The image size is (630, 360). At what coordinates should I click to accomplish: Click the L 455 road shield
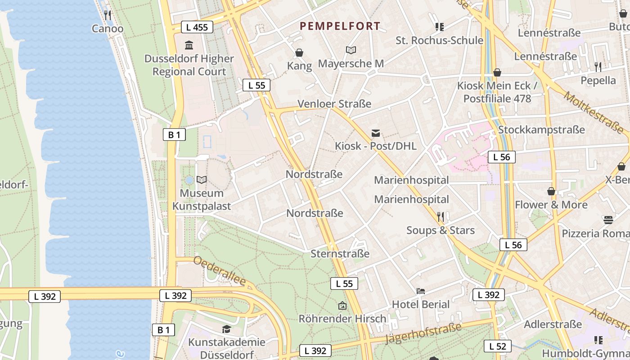[197, 27]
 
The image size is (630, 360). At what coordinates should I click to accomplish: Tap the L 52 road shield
[497, 346]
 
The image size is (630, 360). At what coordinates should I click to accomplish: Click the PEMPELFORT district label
[340, 26]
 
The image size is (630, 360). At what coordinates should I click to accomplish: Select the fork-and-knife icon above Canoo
[108, 15]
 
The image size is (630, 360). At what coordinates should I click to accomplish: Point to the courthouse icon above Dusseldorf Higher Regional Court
[189, 45]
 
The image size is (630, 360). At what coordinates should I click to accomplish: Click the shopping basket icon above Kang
[299, 53]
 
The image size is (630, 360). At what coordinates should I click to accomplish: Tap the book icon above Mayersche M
[351, 50]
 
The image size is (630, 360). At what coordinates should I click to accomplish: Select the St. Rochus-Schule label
[439, 40]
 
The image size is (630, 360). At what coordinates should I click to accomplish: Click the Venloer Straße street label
[334, 104]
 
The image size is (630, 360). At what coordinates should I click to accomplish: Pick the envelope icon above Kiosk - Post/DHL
[376, 133]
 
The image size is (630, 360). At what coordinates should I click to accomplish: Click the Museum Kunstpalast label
[202, 200]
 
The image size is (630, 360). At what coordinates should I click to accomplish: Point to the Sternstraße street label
[340, 254]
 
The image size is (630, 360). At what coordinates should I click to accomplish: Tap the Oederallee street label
[220, 271]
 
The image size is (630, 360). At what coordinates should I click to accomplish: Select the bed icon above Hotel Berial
[421, 291]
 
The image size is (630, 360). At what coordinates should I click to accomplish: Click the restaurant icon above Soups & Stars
[441, 217]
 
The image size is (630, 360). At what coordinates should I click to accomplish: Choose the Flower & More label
[551, 205]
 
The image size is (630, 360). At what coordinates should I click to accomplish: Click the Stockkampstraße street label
[541, 130]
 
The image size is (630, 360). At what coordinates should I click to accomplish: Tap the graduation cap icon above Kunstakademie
[226, 329]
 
